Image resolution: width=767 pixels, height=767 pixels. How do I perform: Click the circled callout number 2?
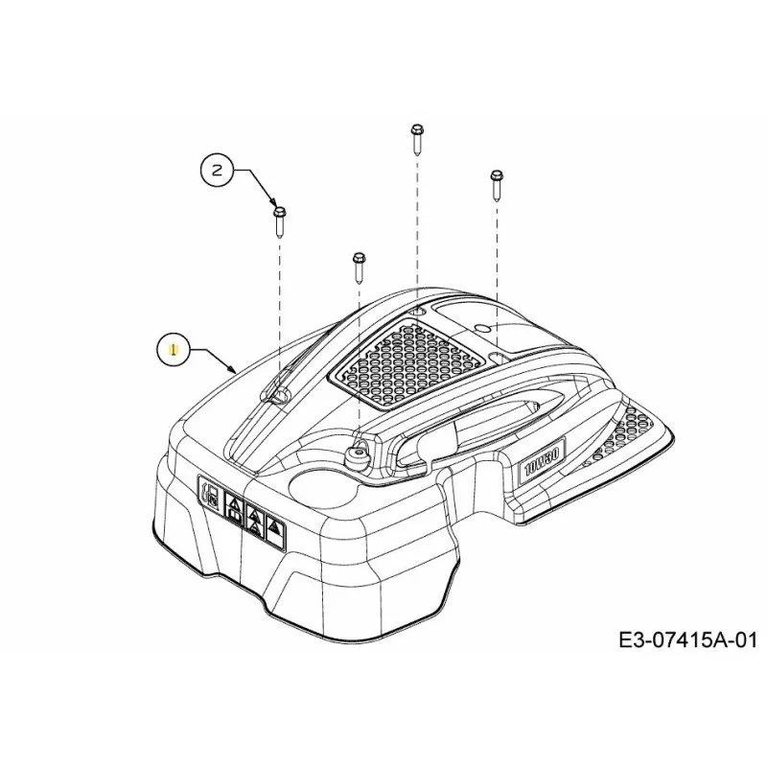217,171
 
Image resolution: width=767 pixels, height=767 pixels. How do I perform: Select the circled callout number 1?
173,349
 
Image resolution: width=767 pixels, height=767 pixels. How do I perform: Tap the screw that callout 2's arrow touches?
280,221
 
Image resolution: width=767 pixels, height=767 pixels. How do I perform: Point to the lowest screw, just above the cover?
359,267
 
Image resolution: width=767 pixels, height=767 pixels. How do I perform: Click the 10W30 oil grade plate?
542,462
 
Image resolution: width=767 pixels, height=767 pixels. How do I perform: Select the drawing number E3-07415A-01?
687,639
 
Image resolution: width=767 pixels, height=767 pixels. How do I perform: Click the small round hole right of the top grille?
481,326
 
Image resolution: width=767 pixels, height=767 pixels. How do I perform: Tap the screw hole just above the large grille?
416,311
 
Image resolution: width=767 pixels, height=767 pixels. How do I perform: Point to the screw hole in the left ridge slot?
281,395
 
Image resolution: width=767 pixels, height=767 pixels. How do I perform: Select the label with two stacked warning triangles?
255,520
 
